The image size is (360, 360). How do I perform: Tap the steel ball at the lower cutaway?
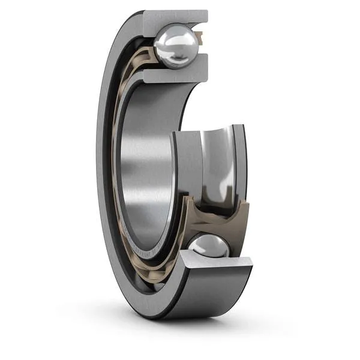(x=209, y=247)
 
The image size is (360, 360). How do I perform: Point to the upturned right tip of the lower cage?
(x=244, y=207)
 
